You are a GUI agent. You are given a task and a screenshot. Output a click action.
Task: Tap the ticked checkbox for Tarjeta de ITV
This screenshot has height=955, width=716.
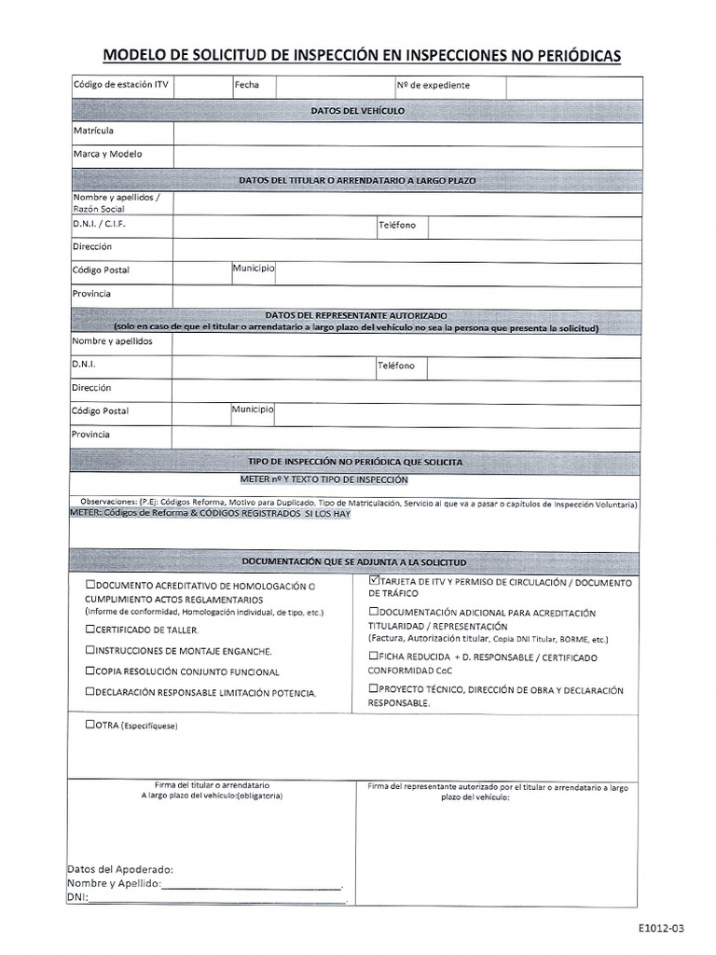[373, 583]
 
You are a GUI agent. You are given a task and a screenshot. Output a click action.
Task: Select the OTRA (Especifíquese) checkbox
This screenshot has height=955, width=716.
[89, 725]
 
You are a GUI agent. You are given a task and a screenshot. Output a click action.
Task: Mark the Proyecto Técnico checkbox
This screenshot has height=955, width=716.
[373, 689]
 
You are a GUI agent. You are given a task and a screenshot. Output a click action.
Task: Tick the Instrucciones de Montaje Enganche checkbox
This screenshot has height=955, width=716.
[89, 651]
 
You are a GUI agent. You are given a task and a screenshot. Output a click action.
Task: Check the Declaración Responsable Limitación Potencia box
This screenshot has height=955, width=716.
[89, 693]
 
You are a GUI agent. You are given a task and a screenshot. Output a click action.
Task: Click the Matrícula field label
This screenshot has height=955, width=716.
[93, 131]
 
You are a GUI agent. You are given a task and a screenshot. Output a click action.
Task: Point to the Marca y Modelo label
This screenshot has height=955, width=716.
[108, 154]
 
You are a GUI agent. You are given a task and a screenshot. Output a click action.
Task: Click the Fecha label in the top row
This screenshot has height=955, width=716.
[247, 85]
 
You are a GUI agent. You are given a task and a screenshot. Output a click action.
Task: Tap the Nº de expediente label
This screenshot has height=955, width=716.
[433, 85]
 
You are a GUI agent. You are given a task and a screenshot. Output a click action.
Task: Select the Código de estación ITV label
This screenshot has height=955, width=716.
[121, 85]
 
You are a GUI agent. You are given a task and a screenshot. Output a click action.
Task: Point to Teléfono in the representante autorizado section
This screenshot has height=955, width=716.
[396, 366]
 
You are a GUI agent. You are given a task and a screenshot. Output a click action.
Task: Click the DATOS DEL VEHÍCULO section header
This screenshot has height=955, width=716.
[357, 110]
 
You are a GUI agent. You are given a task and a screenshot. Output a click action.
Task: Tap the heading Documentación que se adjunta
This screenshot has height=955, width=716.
[354, 563]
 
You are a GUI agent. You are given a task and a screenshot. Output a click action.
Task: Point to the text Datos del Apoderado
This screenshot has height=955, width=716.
[119, 869]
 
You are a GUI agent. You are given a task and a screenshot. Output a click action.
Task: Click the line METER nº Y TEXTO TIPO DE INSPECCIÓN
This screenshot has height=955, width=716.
[324, 480]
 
